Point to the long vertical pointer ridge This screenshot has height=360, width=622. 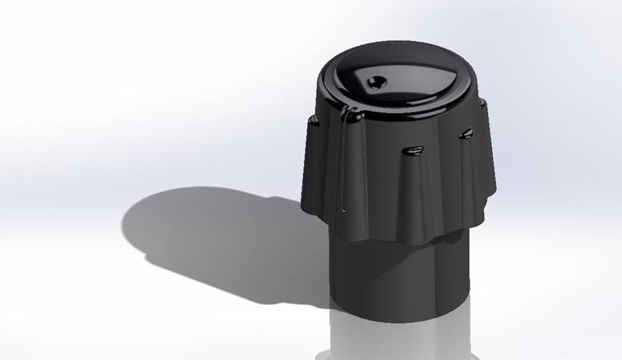[342, 163]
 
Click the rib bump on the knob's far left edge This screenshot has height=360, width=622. [313, 121]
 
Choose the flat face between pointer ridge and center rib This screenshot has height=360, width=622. [377, 179]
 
